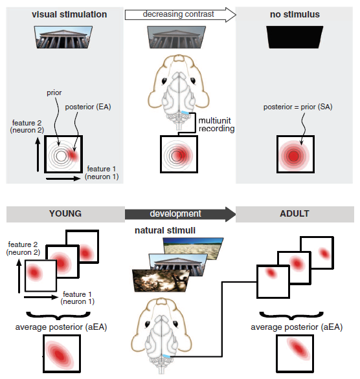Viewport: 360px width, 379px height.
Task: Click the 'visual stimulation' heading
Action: pyautogui.click(x=69, y=14)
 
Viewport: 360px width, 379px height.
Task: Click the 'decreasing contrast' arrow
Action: pyautogui.click(x=180, y=15)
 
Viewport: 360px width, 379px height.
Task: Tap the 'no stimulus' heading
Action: pyautogui.click(x=295, y=14)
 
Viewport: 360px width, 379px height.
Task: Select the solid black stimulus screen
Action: pyautogui.click(x=295, y=38)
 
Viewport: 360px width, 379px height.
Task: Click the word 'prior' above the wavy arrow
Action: pyautogui.click(x=54, y=93)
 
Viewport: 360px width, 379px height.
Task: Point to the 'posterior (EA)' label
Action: pyautogui.click(x=88, y=107)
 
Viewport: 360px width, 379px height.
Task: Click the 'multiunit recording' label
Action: pyautogui.click(x=216, y=124)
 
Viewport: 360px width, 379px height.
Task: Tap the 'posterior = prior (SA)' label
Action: pyautogui.click(x=298, y=107)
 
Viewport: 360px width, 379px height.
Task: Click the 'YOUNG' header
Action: pyautogui.click(x=65, y=213)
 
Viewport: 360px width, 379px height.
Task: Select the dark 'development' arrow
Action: pyautogui.click(x=180, y=214)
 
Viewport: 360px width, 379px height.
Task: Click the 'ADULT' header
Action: pyautogui.click(x=295, y=213)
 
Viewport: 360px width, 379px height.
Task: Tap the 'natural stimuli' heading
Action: pyautogui.click(x=165, y=230)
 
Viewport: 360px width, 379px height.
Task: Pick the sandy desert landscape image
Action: pyautogui.click(x=193, y=248)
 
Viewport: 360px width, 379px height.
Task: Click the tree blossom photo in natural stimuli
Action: pyautogui.click(x=161, y=281)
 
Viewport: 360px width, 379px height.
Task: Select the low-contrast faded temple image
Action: pyautogui.click(x=176, y=38)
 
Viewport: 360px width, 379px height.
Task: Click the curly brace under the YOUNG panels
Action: pyautogui.click(x=58, y=316)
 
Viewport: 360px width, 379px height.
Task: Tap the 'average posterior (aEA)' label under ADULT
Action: pyautogui.click(x=297, y=327)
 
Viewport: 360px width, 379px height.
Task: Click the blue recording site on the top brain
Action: pyautogui.click(x=185, y=113)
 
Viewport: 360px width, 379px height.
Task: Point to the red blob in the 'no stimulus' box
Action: pyautogui.click(x=294, y=156)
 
